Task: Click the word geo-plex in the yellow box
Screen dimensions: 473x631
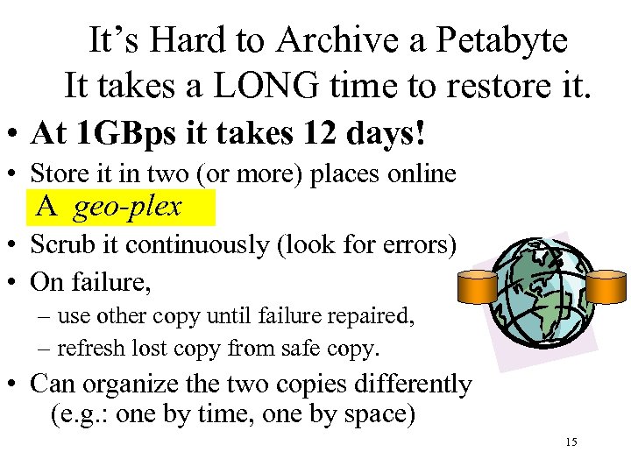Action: (x=127, y=207)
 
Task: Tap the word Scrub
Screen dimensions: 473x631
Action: (x=59, y=245)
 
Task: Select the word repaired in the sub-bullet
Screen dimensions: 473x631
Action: (x=374, y=315)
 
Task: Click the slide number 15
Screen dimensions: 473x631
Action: (x=571, y=441)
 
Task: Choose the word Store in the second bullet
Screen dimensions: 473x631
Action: (x=54, y=173)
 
